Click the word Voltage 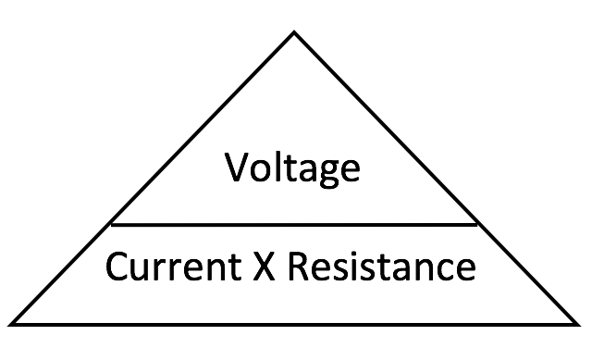click(293, 169)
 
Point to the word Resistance click(380, 267)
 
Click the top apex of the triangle click(294, 33)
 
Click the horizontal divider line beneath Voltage click(294, 224)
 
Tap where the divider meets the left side click(111, 224)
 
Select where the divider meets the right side click(477, 224)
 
